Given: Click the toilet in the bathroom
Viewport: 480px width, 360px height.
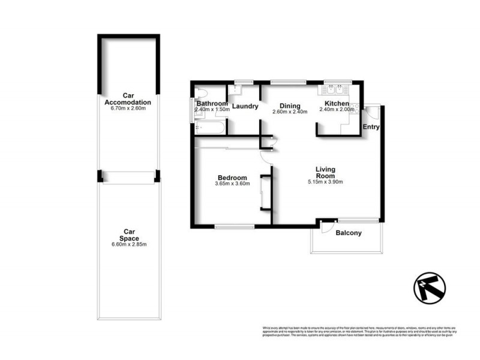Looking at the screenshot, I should (x=201, y=93).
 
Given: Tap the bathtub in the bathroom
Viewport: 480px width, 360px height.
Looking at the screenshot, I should (x=211, y=128).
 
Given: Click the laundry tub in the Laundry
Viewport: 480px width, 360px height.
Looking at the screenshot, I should (x=236, y=91).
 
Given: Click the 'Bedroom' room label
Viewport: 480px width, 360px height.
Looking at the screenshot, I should (x=232, y=178).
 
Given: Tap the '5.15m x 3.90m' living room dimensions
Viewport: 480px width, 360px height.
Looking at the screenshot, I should (x=325, y=182).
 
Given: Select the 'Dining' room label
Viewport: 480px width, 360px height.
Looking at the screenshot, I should (x=290, y=104).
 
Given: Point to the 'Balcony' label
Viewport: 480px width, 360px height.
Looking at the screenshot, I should (x=349, y=233).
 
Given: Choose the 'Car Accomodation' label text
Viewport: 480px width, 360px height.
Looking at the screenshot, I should (x=128, y=98).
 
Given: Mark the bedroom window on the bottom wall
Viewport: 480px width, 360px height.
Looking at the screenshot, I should (x=235, y=226).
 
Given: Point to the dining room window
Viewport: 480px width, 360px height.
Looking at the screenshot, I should (x=287, y=82).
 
